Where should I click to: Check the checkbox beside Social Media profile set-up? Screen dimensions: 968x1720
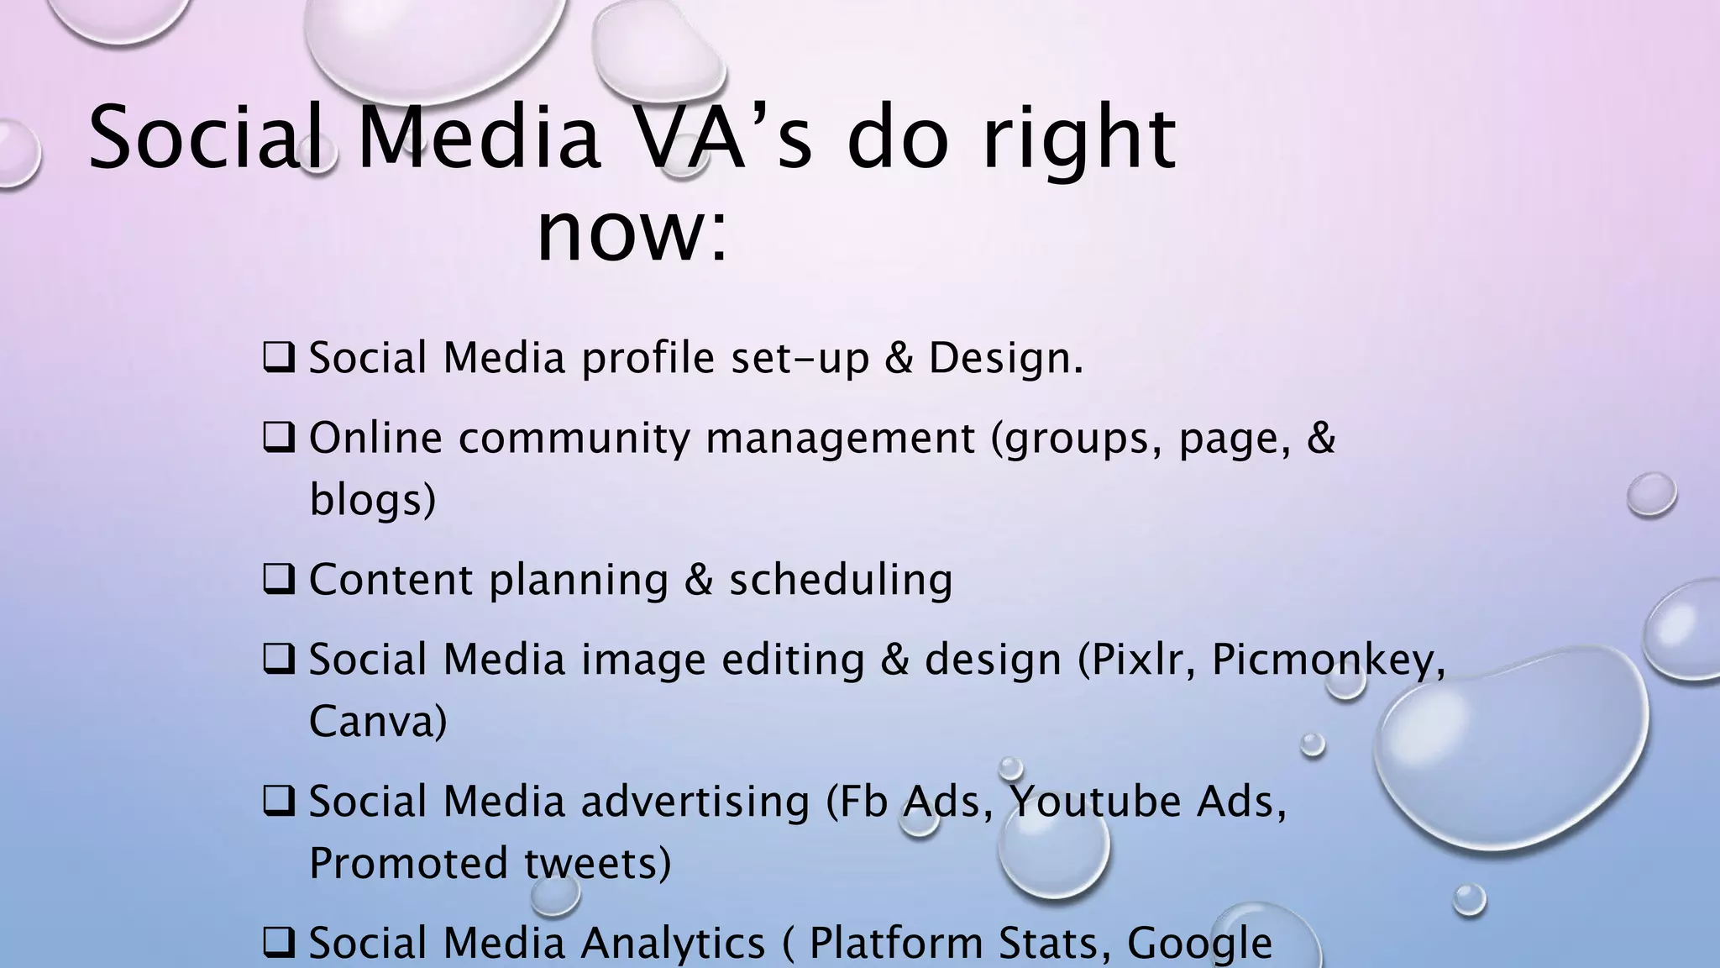pos(278,358)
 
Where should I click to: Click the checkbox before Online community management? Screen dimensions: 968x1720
pos(278,438)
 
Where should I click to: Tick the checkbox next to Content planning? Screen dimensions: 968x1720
pos(278,580)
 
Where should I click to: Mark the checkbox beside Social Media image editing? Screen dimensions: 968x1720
pos(278,660)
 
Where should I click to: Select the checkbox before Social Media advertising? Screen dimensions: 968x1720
pos(278,802)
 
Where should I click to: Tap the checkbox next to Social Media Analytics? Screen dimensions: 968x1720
pos(278,943)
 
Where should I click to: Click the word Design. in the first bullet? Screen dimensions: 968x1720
pos(1005,358)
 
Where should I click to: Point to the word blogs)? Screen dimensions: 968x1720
pos(372,500)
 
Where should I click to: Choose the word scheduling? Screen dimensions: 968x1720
pos(841,580)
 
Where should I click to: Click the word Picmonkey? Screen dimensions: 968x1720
pos(1329,660)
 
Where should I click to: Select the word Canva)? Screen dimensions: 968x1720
pos(378,722)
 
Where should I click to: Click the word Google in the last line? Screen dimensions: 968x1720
pos(1198,944)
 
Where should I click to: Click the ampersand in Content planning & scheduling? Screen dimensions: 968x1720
pos(699,580)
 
